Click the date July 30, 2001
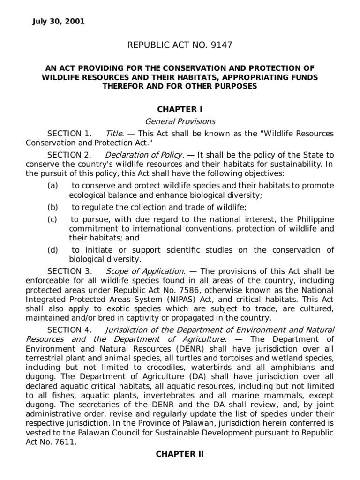(x=59, y=22)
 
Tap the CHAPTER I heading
(x=180, y=109)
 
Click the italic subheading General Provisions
(x=180, y=121)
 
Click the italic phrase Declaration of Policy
(x=143, y=155)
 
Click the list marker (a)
(x=52, y=186)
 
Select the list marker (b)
(x=52, y=207)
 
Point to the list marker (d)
(x=52, y=250)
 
